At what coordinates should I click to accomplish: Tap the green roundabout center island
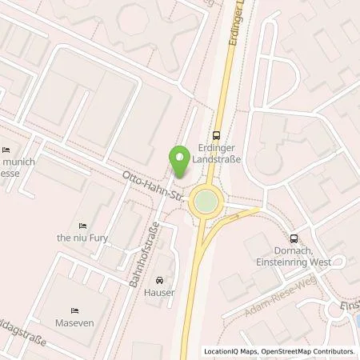click(x=206, y=202)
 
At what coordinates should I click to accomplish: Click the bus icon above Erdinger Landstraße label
click(x=216, y=135)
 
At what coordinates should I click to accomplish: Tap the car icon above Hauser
click(x=160, y=281)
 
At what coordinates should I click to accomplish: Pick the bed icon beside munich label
click(x=7, y=150)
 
